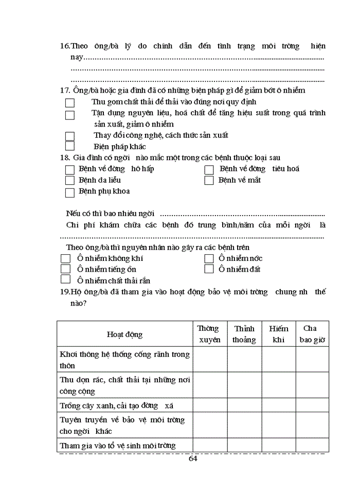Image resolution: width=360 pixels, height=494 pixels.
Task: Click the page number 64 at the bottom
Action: click(193, 458)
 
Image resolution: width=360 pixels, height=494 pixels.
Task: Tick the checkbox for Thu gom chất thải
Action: click(70, 103)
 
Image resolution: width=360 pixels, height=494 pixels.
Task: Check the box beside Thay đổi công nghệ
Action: click(70, 136)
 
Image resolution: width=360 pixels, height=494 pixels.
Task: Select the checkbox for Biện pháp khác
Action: click(70, 147)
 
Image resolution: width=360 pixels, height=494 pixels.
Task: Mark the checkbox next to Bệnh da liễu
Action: click(70, 181)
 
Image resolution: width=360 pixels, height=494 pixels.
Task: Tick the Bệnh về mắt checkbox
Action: click(209, 181)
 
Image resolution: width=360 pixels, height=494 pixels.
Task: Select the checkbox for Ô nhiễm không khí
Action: click(65, 258)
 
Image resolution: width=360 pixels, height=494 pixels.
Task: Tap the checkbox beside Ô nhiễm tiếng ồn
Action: click(65, 269)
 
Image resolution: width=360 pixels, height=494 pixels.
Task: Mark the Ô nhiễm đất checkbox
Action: click(209, 269)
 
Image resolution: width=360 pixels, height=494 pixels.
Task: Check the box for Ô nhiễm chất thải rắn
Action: click(65, 279)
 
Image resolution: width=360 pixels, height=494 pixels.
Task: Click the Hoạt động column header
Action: click(124, 334)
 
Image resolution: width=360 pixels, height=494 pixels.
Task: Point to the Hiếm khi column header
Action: click(279, 334)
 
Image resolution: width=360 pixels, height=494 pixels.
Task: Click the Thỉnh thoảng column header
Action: click(244, 334)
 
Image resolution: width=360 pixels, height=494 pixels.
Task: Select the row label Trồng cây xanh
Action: click(117, 405)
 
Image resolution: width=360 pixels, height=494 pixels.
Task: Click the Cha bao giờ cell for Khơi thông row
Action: click(312, 360)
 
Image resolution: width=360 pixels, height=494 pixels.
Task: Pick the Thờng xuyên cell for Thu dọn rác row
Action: click(210, 385)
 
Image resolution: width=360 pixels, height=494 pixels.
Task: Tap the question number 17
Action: click(65, 91)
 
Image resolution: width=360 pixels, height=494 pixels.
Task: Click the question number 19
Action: click(65, 292)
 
